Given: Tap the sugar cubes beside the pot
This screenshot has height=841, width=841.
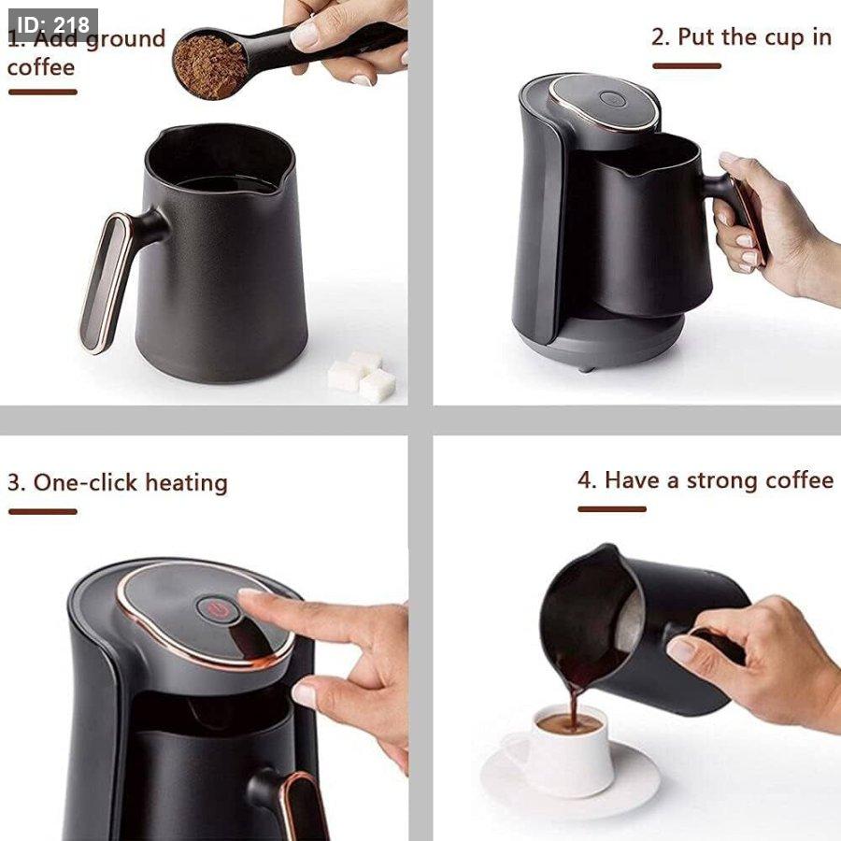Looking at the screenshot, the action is pos(362,376).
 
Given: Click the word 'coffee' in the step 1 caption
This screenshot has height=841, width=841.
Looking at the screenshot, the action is pos(41,67).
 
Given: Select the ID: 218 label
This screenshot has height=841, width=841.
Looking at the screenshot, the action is pos(52,24).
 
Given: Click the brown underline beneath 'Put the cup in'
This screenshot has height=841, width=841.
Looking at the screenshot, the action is pos(687,66).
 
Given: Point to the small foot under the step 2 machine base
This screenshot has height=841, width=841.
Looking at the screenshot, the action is pos(588,368).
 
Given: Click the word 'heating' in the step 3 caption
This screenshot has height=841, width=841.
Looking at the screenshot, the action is pos(187,483).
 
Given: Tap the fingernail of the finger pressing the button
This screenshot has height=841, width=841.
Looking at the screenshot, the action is pos(249,592).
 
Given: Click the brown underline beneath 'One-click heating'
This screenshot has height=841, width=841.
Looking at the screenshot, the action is pos(43,512).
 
